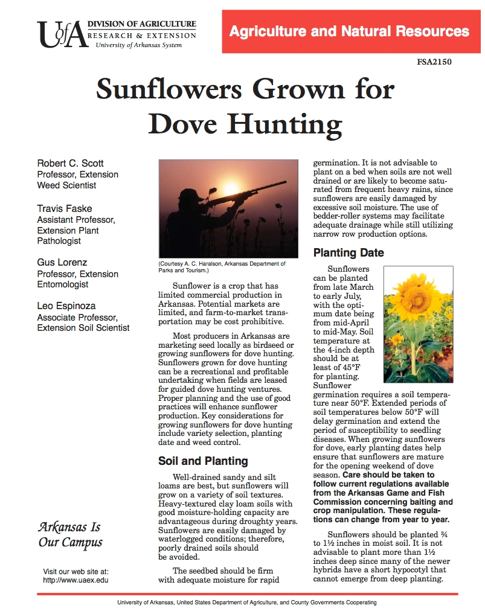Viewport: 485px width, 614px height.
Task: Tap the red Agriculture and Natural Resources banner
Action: [350, 31]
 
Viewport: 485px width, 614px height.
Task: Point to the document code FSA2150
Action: [434, 62]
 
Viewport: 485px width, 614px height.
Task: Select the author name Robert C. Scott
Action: [71, 164]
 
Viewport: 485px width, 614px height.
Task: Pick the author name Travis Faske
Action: [64, 209]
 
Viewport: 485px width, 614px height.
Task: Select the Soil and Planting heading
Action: [203, 461]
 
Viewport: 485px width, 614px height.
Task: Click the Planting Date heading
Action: [348, 253]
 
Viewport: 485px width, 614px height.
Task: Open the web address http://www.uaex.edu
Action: [75, 580]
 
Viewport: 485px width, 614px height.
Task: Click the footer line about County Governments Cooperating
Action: [246, 603]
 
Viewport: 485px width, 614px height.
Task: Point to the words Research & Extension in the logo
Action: [141, 36]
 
